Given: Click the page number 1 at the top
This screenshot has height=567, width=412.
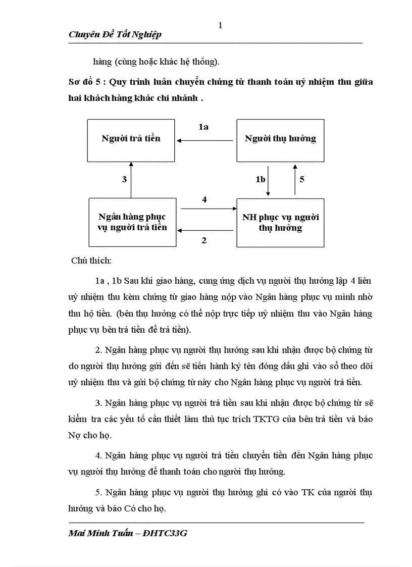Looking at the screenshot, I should pos(220,26).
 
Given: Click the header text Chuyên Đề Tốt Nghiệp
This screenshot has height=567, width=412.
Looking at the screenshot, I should pos(115,34).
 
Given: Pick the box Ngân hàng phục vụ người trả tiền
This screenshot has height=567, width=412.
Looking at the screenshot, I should pos(132,222).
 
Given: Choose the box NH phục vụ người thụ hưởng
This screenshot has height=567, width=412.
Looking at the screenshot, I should pos(280,222).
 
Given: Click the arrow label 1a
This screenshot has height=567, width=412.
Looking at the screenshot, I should pos(203,127).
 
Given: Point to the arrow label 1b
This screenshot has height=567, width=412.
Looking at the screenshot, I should pos(260,179).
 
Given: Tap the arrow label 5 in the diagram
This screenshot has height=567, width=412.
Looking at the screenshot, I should pos(301,179).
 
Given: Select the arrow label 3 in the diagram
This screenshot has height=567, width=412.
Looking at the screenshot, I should pos(124,179).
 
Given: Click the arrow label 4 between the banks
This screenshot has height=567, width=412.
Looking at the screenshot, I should pos(204,199).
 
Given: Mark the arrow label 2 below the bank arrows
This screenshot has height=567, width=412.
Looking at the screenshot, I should pos(204,240).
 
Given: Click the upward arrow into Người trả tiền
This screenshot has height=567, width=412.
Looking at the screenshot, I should pos(132,179).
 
